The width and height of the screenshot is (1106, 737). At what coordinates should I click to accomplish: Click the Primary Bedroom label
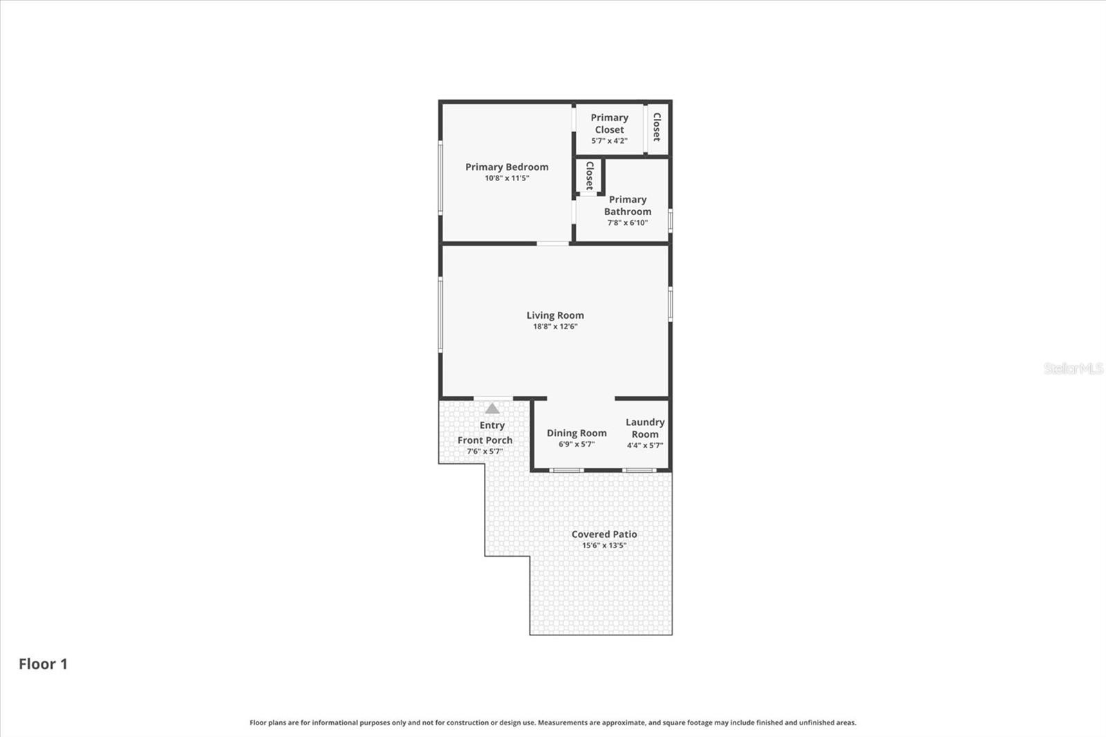[507, 167]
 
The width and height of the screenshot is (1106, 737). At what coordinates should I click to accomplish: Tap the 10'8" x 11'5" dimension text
[507, 178]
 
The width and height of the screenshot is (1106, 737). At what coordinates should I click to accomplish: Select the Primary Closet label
[609, 124]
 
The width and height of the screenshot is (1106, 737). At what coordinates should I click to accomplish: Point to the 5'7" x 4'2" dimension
[609, 141]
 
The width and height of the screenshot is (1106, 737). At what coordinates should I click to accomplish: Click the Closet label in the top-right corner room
[657, 127]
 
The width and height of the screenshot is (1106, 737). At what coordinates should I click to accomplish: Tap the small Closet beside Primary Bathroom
[590, 176]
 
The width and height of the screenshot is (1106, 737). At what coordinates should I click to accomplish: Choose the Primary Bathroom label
[628, 205]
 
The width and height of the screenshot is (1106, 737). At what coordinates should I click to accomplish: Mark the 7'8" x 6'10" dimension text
[628, 223]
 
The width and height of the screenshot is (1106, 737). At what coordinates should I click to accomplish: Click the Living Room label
[555, 315]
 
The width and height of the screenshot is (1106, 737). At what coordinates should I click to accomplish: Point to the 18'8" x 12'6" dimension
[555, 326]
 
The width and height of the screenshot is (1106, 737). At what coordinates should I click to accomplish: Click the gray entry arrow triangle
[492, 409]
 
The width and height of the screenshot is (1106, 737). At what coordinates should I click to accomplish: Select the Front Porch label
[485, 440]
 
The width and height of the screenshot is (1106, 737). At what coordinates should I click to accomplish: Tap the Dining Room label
[577, 433]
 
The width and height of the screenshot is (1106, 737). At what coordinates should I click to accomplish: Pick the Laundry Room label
[645, 428]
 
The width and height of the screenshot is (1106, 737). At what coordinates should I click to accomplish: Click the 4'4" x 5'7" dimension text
[645, 445]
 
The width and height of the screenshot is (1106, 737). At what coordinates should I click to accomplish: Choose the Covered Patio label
[604, 534]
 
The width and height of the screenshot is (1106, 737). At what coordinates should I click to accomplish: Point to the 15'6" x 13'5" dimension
[604, 545]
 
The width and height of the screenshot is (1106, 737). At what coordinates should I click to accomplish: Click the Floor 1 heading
[43, 664]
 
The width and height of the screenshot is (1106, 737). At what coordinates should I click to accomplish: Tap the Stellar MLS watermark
[1073, 368]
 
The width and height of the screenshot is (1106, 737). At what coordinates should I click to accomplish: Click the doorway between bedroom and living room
[553, 243]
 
